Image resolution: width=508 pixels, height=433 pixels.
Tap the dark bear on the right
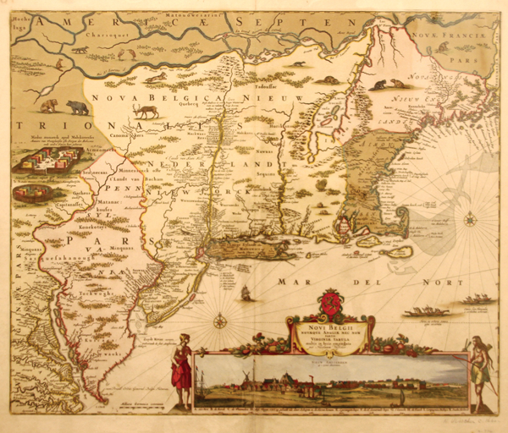pos(78,107)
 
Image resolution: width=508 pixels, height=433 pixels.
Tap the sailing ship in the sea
pos(246,293)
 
